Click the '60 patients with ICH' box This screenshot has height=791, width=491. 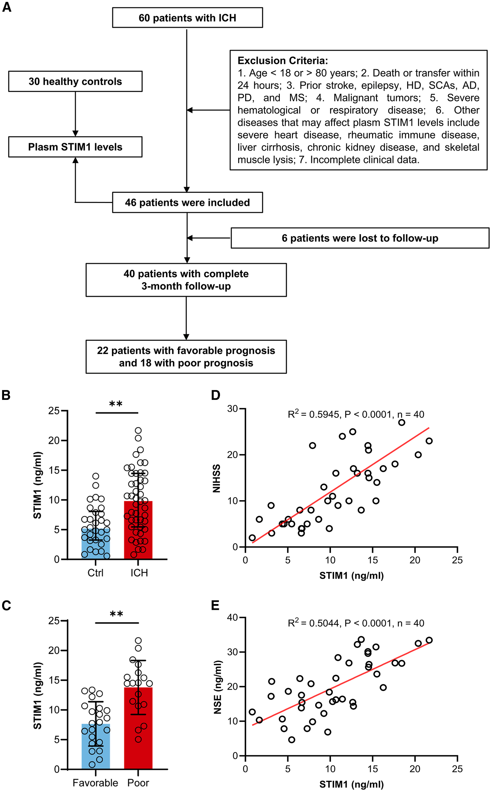pos(187,18)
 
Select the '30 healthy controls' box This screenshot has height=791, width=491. pos(75,81)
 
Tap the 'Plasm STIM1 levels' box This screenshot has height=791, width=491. pos(75,147)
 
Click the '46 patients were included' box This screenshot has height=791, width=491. pos(187,203)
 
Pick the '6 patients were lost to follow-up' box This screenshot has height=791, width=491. pos(360,238)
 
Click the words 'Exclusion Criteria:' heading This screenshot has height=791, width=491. pos(283,61)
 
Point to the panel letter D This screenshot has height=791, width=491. pos(216,395)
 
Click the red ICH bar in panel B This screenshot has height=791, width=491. pos(138,532)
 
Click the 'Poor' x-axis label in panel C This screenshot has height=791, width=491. pos(138,783)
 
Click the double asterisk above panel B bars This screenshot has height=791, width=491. pos(116,404)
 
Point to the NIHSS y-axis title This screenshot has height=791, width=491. pos(217,478)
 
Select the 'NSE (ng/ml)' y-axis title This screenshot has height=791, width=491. pos(217,687)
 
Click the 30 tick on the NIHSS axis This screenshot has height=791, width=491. pos(232,409)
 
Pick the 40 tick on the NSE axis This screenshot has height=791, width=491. pos(232,617)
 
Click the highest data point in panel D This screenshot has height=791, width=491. pos(402,422)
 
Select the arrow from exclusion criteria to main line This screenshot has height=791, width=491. pos(208,110)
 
